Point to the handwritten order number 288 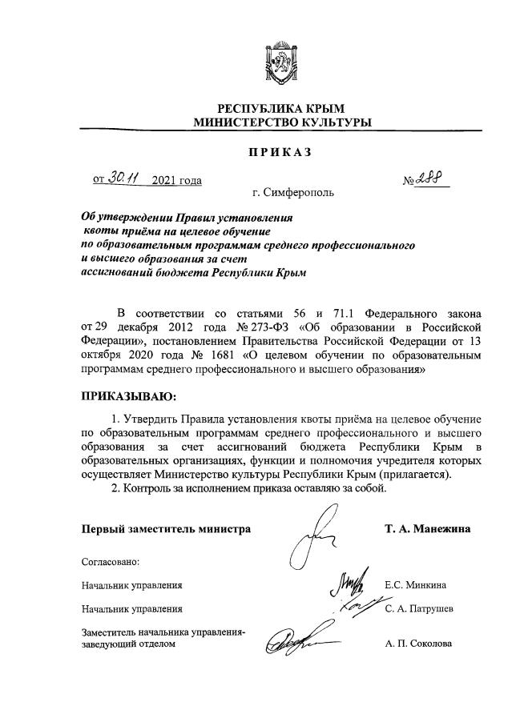click(432, 177)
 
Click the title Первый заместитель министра click(166, 529)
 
